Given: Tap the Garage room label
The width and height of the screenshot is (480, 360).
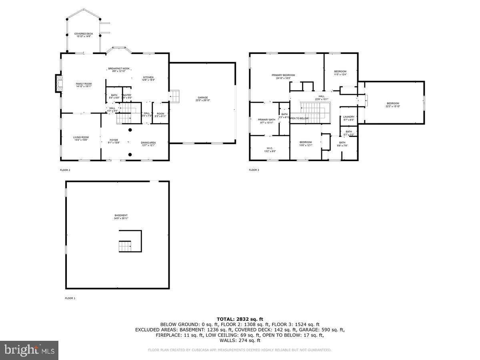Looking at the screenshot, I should click(x=202, y=99).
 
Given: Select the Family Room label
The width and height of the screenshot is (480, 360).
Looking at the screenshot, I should click(x=84, y=85).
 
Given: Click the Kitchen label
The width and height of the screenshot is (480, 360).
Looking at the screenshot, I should click(x=148, y=78).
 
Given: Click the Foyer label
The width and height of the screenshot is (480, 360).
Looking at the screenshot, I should click(x=114, y=141).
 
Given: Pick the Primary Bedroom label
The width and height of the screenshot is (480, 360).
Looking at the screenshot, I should click(x=283, y=76).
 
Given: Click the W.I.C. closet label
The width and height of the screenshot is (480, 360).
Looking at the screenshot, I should click(x=270, y=150).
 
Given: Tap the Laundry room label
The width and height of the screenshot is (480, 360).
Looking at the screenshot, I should click(x=349, y=118).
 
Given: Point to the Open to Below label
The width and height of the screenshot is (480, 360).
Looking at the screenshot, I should click(x=300, y=118).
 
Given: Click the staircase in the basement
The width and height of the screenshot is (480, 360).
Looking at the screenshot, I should click(x=124, y=246).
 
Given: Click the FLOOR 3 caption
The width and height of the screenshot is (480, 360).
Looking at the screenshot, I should click(x=254, y=170).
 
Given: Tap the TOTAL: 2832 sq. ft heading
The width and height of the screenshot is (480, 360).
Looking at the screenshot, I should click(x=240, y=319).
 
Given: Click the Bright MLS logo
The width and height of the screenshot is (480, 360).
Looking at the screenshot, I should click(x=29, y=350).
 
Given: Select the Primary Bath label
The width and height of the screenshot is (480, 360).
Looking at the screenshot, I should click(x=266, y=121).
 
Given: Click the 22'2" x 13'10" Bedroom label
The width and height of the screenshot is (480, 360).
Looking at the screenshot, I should click(x=393, y=105).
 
